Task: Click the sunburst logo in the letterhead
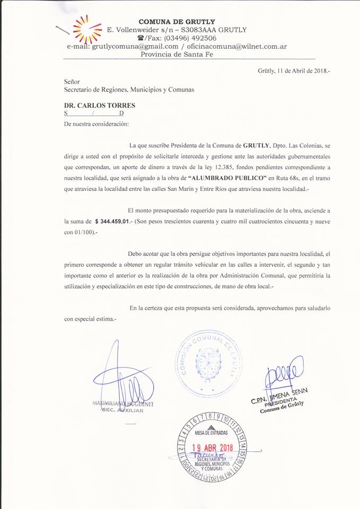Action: [x=87, y=29]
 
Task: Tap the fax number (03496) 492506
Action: [x=182, y=38]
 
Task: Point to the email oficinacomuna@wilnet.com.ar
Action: [x=237, y=46]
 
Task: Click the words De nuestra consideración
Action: [x=96, y=124]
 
